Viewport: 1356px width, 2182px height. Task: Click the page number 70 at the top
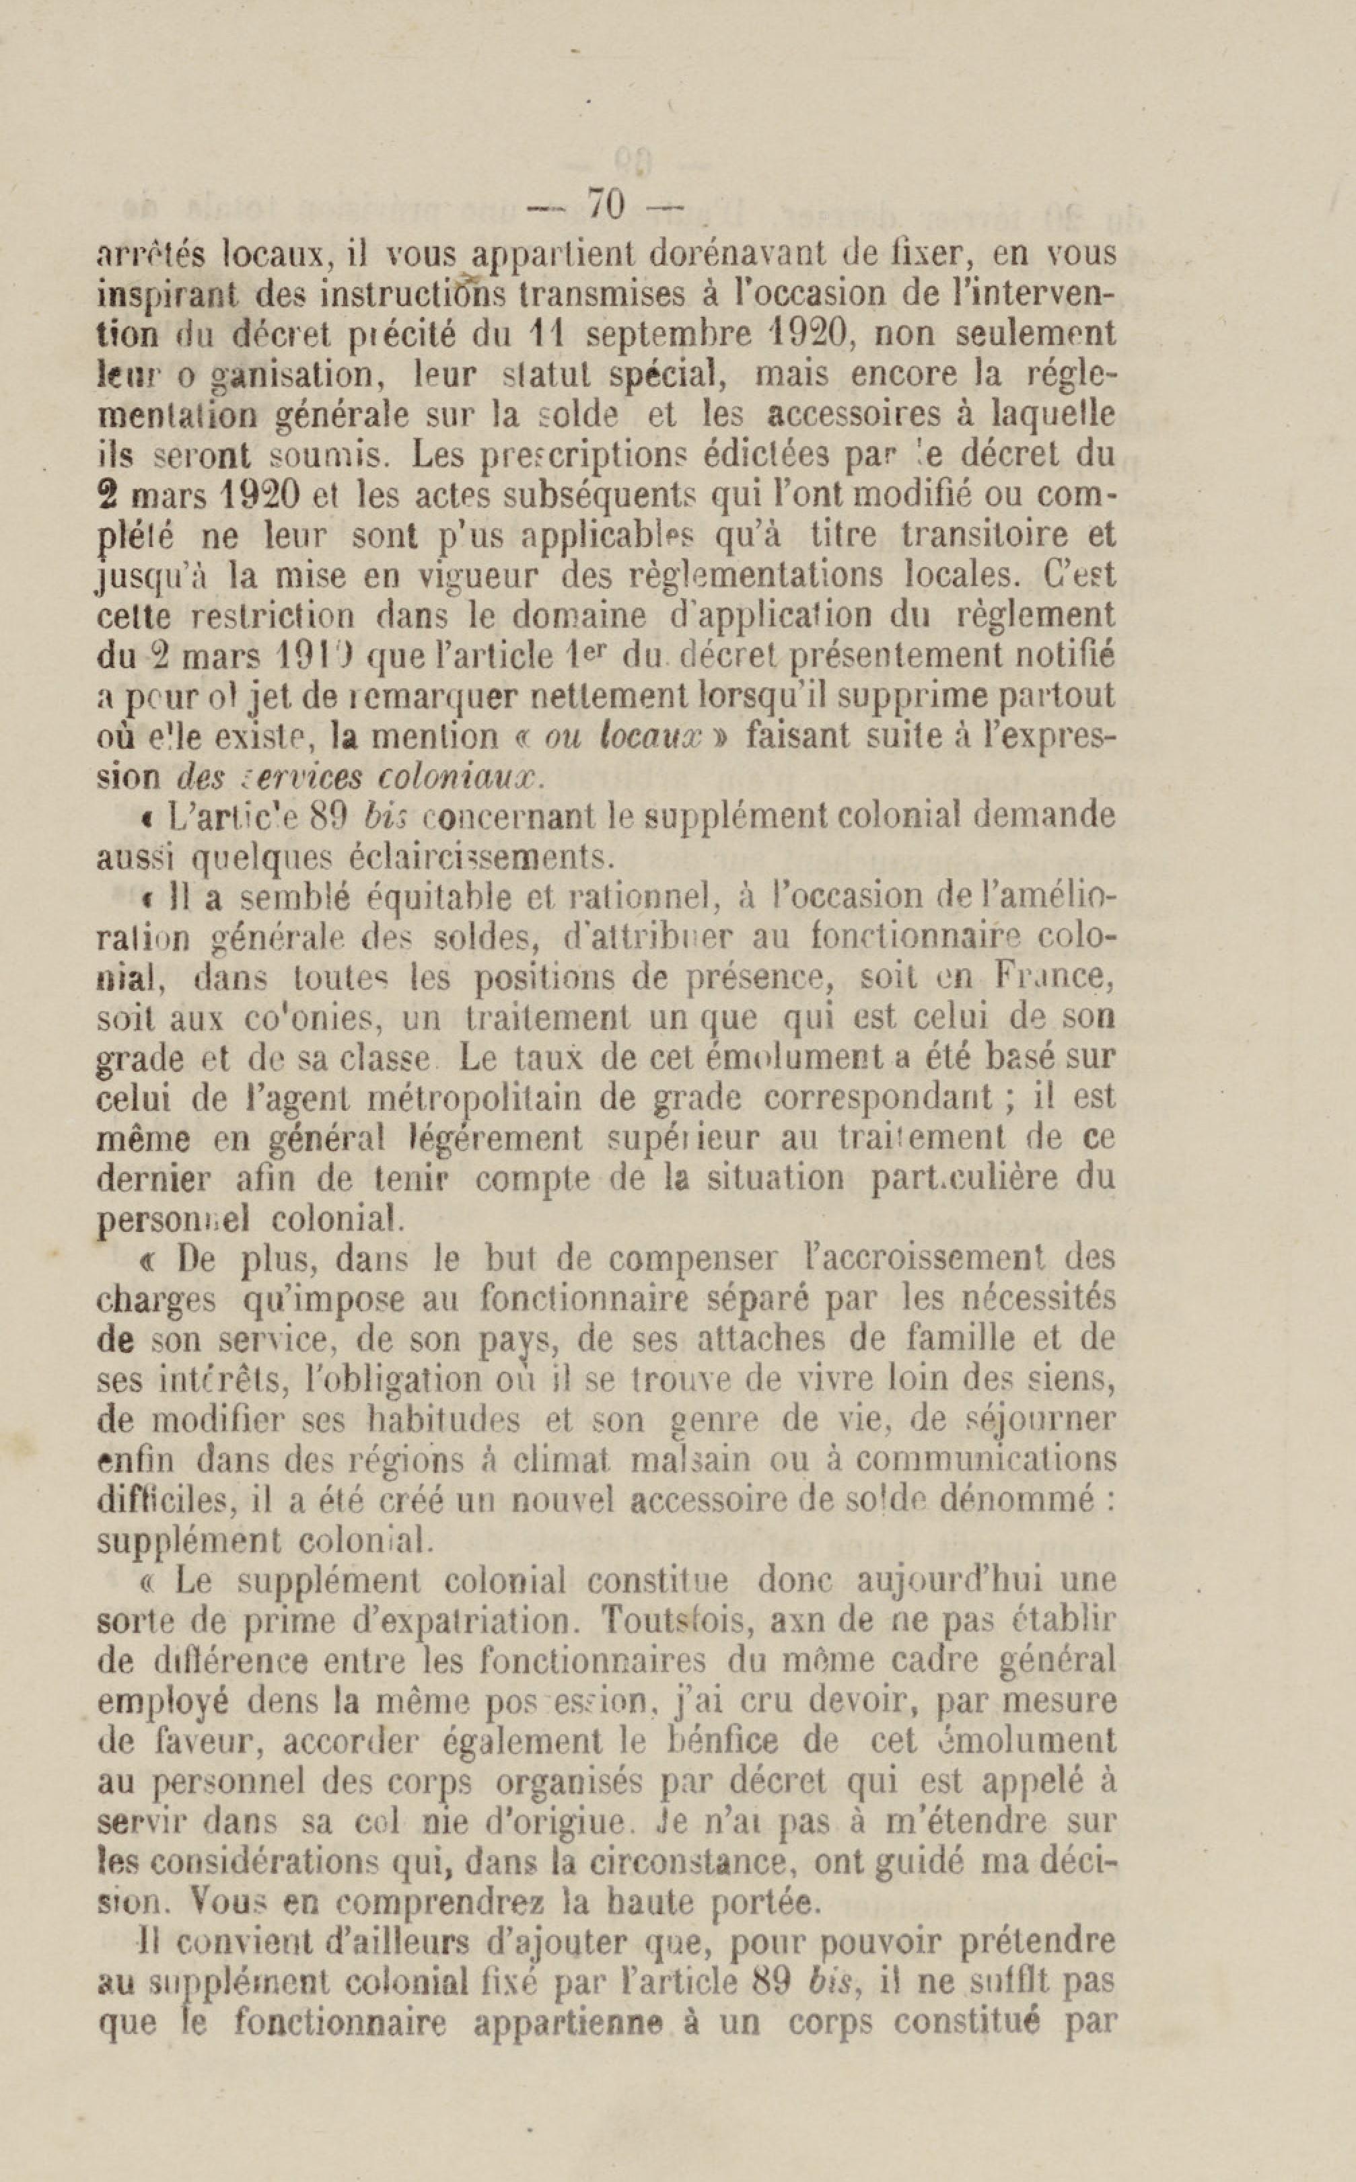tap(606, 205)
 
